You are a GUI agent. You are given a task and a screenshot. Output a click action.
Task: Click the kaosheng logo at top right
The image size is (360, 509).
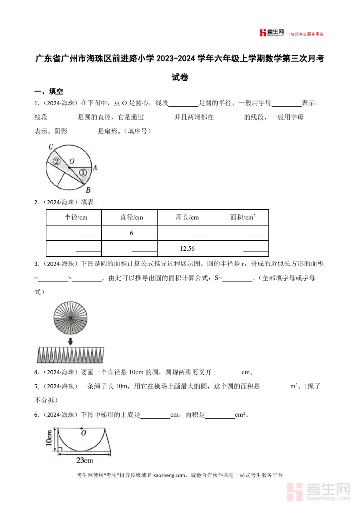[x=272, y=33]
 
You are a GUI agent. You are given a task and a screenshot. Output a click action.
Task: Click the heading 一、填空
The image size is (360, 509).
[x=49, y=92]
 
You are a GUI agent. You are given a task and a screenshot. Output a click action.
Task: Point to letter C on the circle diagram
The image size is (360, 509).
[x=51, y=147]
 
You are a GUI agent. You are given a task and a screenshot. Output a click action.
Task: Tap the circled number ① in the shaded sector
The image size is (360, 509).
[x=82, y=173]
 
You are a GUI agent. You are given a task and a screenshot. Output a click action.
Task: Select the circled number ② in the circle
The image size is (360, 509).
[x=56, y=162]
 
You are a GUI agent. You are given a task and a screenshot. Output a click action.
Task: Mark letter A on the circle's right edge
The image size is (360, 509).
[x=95, y=168]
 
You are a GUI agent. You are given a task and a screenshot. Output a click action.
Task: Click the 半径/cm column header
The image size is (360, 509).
[x=76, y=218]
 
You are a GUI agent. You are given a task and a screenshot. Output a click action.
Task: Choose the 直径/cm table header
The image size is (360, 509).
[x=132, y=218]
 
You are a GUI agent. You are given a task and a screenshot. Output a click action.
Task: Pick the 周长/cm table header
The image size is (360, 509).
[x=187, y=218]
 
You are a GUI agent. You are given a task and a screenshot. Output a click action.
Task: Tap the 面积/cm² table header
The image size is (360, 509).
[x=243, y=218]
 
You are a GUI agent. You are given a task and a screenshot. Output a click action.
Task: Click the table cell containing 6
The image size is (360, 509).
[x=131, y=233]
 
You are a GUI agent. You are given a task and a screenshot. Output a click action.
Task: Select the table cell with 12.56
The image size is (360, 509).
[x=187, y=249]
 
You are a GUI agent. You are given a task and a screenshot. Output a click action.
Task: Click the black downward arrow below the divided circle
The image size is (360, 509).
[x=70, y=341]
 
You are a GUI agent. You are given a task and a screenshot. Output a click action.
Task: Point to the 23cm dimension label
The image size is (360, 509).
[x=84, y=461]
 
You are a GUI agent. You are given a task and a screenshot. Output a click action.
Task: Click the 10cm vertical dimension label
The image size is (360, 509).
[x=49, y=438]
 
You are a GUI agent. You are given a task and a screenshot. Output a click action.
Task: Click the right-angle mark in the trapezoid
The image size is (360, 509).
[x=60, y=450]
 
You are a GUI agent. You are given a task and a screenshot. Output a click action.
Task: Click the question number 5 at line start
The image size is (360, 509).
[x=36, y=387]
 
